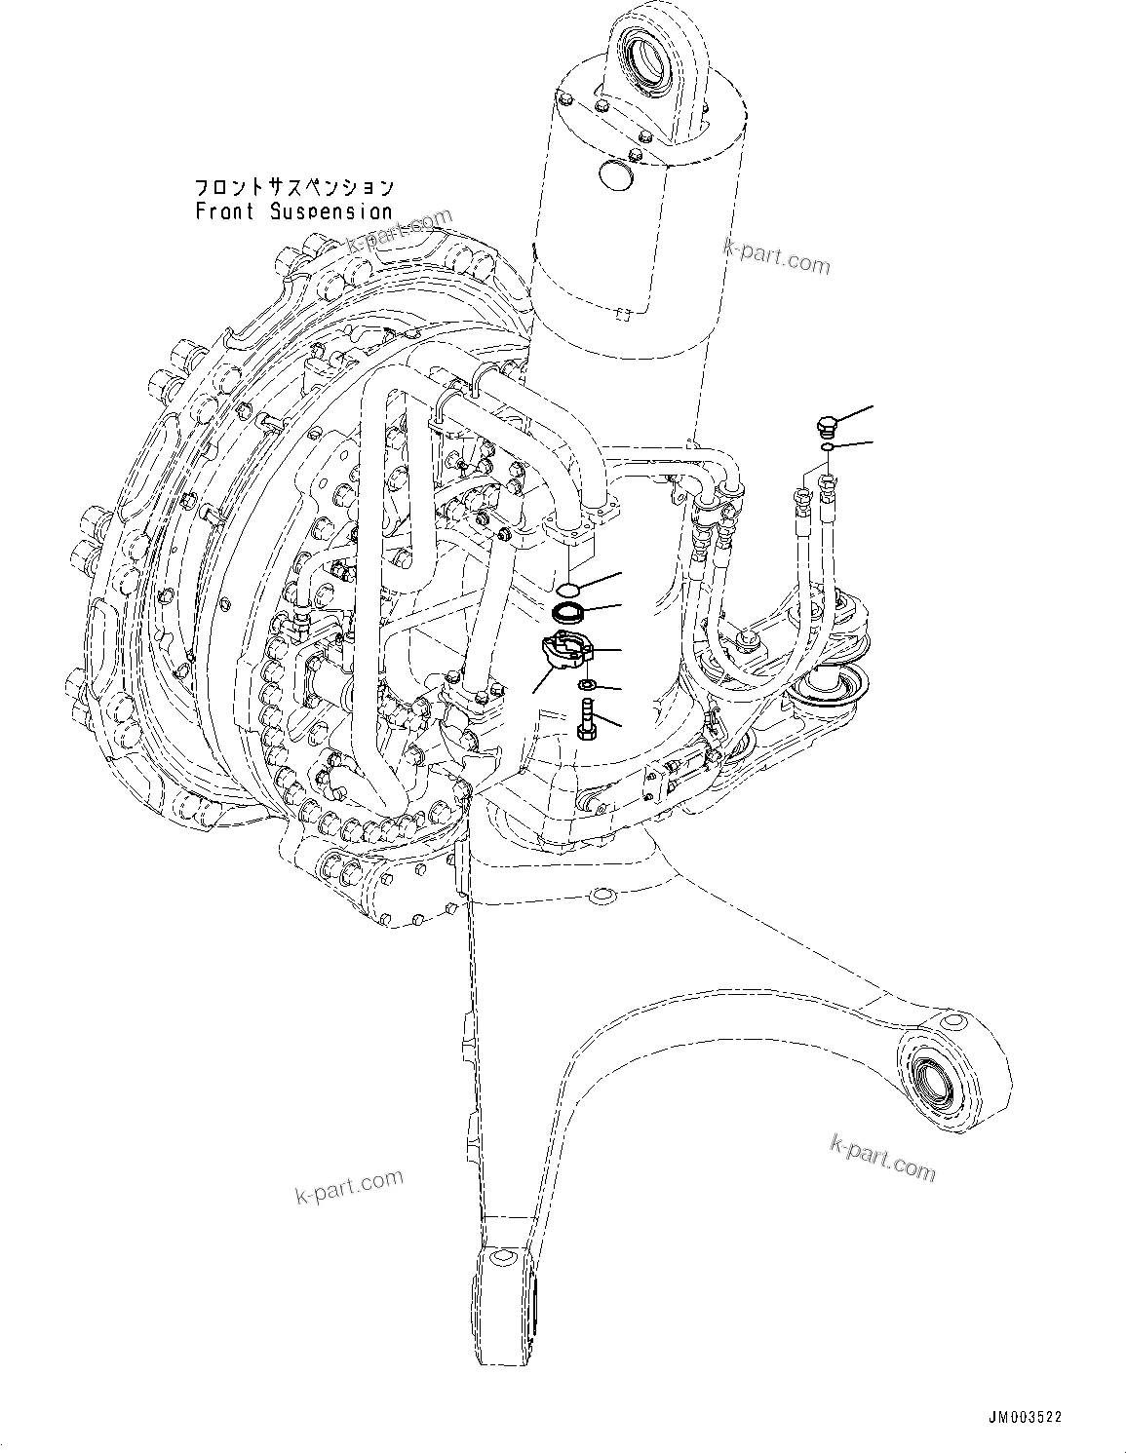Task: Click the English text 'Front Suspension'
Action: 293,210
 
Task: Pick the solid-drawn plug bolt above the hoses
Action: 825,426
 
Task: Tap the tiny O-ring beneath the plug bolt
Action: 826,447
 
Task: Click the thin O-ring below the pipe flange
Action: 567,588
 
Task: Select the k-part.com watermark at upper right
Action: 776,256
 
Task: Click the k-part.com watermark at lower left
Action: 349,1186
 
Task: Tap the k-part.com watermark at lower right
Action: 882,1157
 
